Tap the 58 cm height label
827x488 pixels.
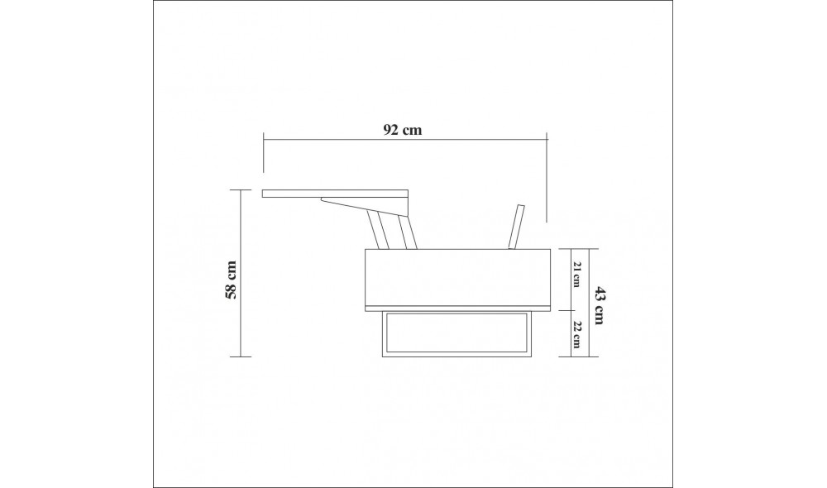click(x=232, y=280)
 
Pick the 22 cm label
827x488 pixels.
click(x=576, y=333)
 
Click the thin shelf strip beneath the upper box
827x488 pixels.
click(x=458, y=307)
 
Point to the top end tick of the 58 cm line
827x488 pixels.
click(x=240, y=189)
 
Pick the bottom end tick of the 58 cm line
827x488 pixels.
click(x=240, y=356)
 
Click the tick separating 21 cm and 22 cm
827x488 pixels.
click(x=576, y=309)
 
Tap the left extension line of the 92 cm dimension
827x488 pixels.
click(x=263, y=153)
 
